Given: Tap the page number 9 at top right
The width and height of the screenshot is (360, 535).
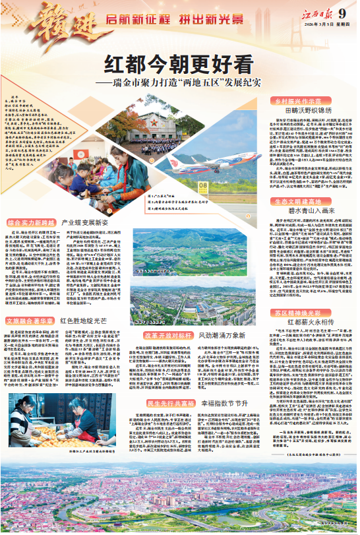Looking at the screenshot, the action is click(342, 13).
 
